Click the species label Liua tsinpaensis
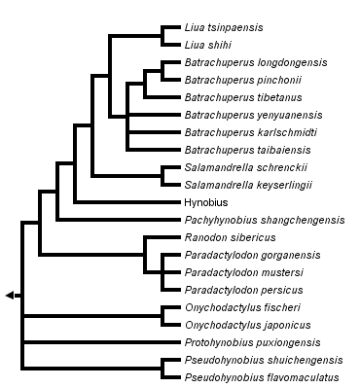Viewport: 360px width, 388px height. pyautogui.click(x=223, y=27)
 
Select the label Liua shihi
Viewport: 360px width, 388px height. pyautogui.click(x=207, y=45)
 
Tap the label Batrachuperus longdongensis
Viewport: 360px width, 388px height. pyautogui.click(x=255, y=62)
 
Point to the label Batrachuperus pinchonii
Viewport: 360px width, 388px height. pyautogui.click(x=242, y=80)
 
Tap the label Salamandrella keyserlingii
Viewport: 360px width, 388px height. pyautogui.click(x=247, y=185)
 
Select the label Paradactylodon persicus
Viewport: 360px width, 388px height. pyautogui.click(x=242, y=290)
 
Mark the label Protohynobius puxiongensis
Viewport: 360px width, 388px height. pyautogui.click(x=254, y=342)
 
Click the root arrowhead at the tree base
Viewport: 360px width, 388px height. pyautogui.click(x=10, y=295)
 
